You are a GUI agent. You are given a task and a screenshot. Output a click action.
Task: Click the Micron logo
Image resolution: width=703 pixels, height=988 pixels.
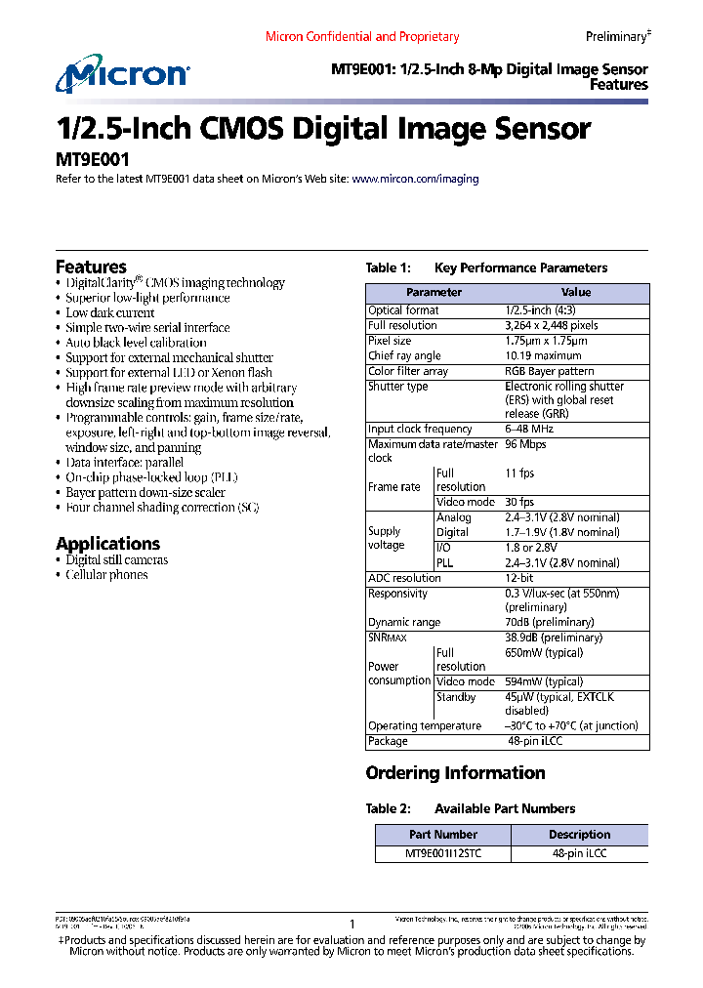122,75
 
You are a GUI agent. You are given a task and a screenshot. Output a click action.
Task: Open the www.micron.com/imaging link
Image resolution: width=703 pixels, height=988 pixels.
415,180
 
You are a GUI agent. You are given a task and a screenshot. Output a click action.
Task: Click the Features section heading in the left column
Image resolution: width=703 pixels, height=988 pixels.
91,267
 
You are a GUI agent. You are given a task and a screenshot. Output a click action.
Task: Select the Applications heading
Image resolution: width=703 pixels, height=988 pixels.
107,544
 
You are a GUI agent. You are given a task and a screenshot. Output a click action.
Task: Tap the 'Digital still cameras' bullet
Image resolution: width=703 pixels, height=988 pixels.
116,560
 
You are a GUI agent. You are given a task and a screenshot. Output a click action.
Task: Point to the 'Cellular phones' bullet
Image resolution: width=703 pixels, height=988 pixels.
106,575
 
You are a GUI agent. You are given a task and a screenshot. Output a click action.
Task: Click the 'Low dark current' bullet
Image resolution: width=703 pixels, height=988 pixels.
109,312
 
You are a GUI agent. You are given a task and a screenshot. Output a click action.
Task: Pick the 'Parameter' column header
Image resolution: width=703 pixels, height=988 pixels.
434,292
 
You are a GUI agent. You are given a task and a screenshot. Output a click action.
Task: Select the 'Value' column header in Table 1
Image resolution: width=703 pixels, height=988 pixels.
575,292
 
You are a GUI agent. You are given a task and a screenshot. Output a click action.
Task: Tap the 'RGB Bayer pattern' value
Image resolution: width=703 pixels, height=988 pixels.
549,371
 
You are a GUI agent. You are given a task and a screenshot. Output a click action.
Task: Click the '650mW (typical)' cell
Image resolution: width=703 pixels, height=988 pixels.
544,652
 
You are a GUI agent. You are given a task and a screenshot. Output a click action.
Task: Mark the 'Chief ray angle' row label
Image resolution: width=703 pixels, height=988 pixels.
404,356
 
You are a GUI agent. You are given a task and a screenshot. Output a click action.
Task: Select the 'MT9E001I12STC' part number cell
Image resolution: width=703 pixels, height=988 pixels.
443,852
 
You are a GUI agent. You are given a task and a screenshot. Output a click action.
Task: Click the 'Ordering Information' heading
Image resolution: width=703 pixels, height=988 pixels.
455,773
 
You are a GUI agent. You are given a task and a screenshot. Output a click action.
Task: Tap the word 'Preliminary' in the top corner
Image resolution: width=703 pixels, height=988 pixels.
615,36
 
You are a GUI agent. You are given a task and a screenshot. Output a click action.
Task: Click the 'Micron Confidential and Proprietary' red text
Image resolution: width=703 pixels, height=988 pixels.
362,36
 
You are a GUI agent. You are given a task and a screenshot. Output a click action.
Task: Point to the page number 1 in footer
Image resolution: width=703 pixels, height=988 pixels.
351,924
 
